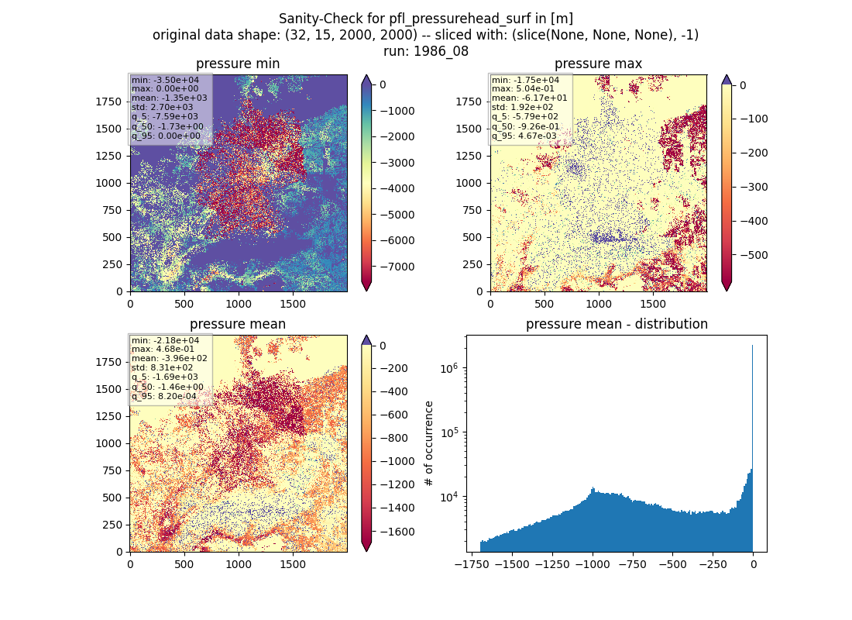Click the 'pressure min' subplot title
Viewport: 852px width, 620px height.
(x=238, y=64)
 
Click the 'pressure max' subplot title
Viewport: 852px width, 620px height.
(x=598, y=64)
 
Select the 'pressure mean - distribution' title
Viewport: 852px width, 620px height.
(x=617, y=324)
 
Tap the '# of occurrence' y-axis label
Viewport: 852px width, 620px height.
(x=429, y=444)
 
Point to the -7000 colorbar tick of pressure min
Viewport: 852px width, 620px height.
(x=397, y=267)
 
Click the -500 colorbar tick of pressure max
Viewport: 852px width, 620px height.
(x=754, y=255)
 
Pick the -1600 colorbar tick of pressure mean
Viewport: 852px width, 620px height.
(x=397, y=532)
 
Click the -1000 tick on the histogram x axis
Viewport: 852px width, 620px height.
(x=593, y=564)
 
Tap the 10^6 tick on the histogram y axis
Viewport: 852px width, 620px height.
(x=448, y=369)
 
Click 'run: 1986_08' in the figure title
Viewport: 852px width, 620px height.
(x=426, y=51)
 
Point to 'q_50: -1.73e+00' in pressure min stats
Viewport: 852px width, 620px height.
(x=167, y=127)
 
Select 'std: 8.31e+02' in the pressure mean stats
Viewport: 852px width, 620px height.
(x=162, y=367)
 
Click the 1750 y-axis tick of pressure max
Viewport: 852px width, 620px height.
(x=469, y=102)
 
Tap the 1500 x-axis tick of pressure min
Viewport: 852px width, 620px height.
(x=293, y=304)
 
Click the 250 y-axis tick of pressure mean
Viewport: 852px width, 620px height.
(x=115, y=525)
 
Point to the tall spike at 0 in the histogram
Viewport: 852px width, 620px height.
(x=753, y=448)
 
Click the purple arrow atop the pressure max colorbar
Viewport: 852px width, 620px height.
(x=727, y=80)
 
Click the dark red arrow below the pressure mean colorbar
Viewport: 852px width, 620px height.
(x=366, y=546)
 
